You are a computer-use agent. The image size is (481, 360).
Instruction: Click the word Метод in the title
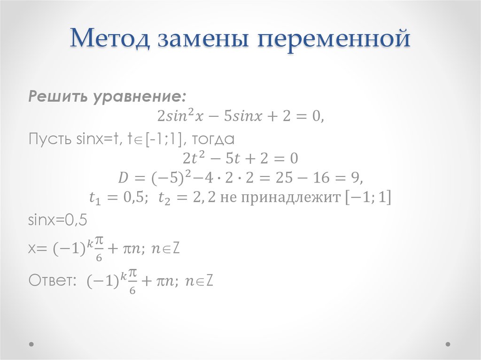(x=110, y=38)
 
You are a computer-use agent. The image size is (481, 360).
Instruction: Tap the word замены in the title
(x=203, y=39)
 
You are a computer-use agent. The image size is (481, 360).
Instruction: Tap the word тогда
(x=213, y=139)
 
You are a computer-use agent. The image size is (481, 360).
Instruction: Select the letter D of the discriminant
(x=123, y=177)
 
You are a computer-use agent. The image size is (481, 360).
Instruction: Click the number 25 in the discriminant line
(x=284, y=177)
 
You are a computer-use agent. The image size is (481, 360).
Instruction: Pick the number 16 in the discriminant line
(x=321, y=177)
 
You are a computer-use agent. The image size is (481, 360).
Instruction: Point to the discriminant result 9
(x=355, y=177)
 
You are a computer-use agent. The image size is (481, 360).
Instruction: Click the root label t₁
(x=95, y=198)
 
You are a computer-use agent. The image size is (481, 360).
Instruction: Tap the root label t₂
(x=164, y=198)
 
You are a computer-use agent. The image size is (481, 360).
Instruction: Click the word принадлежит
(x=291, y=198)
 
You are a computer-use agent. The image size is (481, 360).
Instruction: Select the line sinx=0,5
(x=58, y=220)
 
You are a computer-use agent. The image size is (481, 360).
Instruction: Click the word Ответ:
(x=53, y=280)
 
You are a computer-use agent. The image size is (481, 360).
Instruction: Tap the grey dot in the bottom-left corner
(x=31, y=344)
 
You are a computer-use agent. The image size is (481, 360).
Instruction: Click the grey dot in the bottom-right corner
(x=448, y=344)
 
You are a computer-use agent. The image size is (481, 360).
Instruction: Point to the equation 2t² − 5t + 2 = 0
(x=240, y=158)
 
